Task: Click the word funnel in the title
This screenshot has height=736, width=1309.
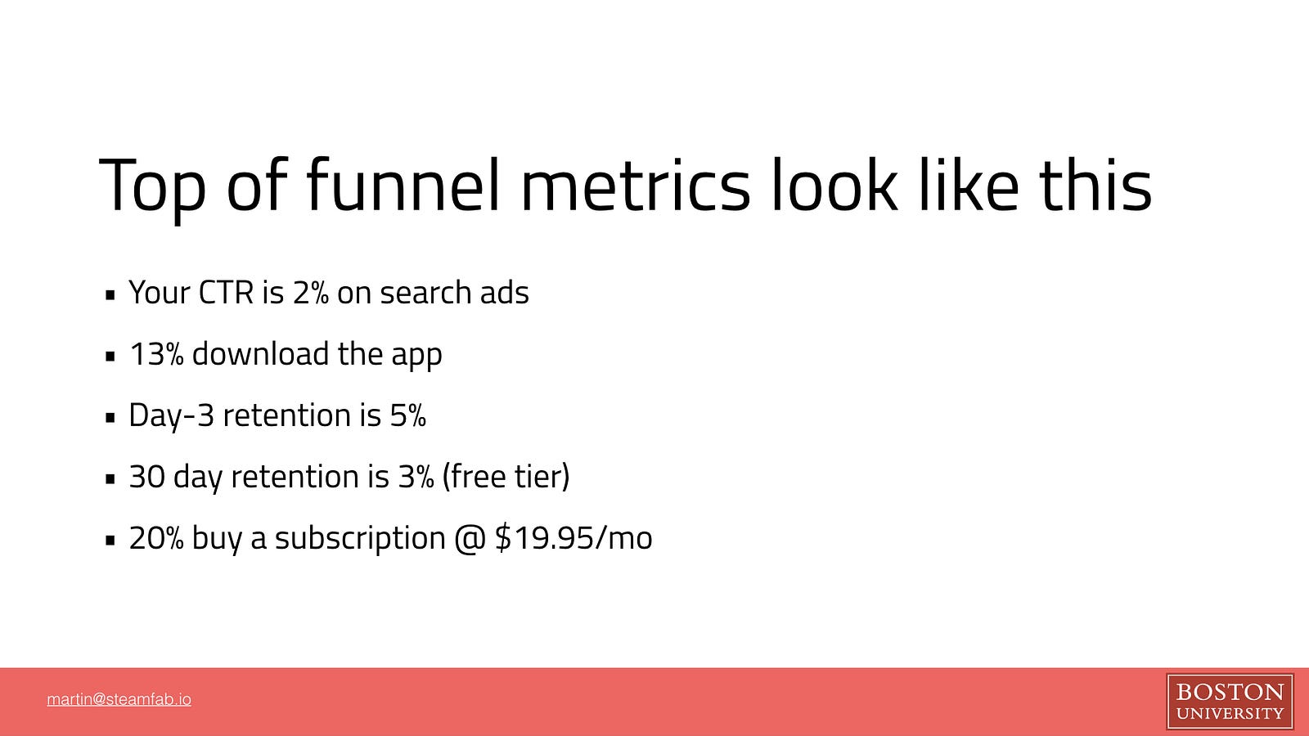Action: pos(403,183)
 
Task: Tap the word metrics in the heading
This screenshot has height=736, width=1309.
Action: pos(635,183)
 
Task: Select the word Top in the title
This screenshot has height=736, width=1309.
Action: pos(152,189)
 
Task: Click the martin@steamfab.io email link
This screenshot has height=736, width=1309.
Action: pos(119,699)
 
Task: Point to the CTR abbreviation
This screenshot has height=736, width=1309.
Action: pos(226,292)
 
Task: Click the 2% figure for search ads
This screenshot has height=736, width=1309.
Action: pos(310,292)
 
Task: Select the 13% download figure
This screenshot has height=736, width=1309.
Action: pos(156,353)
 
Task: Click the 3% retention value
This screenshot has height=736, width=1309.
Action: pos(416,476)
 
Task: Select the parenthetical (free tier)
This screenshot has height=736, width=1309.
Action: pos(506,476)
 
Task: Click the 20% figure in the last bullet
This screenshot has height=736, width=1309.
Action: pos(156,537)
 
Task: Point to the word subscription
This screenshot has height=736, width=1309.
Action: pos(360,539)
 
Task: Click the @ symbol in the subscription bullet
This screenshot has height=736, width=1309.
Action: pos(470,538)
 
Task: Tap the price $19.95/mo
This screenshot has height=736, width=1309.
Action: pos(574,537)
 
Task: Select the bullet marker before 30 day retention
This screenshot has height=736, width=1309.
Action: pos(110,479)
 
